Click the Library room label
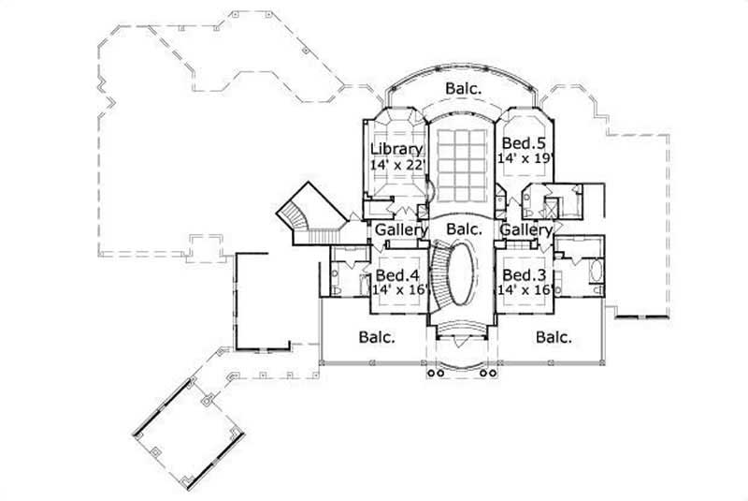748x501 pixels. pos(396,149)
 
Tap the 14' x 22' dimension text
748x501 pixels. pos(397,165)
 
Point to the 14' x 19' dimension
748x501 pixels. pos(525,159)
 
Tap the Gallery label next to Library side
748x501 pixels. pos(401,229)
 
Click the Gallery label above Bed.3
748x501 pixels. pos(526,229)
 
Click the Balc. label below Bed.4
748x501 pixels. pos(378,336)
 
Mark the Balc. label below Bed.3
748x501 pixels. pos(555,336)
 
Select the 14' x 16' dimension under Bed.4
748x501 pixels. pos(400,290)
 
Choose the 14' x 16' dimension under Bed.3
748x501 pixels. pos(526,290)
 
